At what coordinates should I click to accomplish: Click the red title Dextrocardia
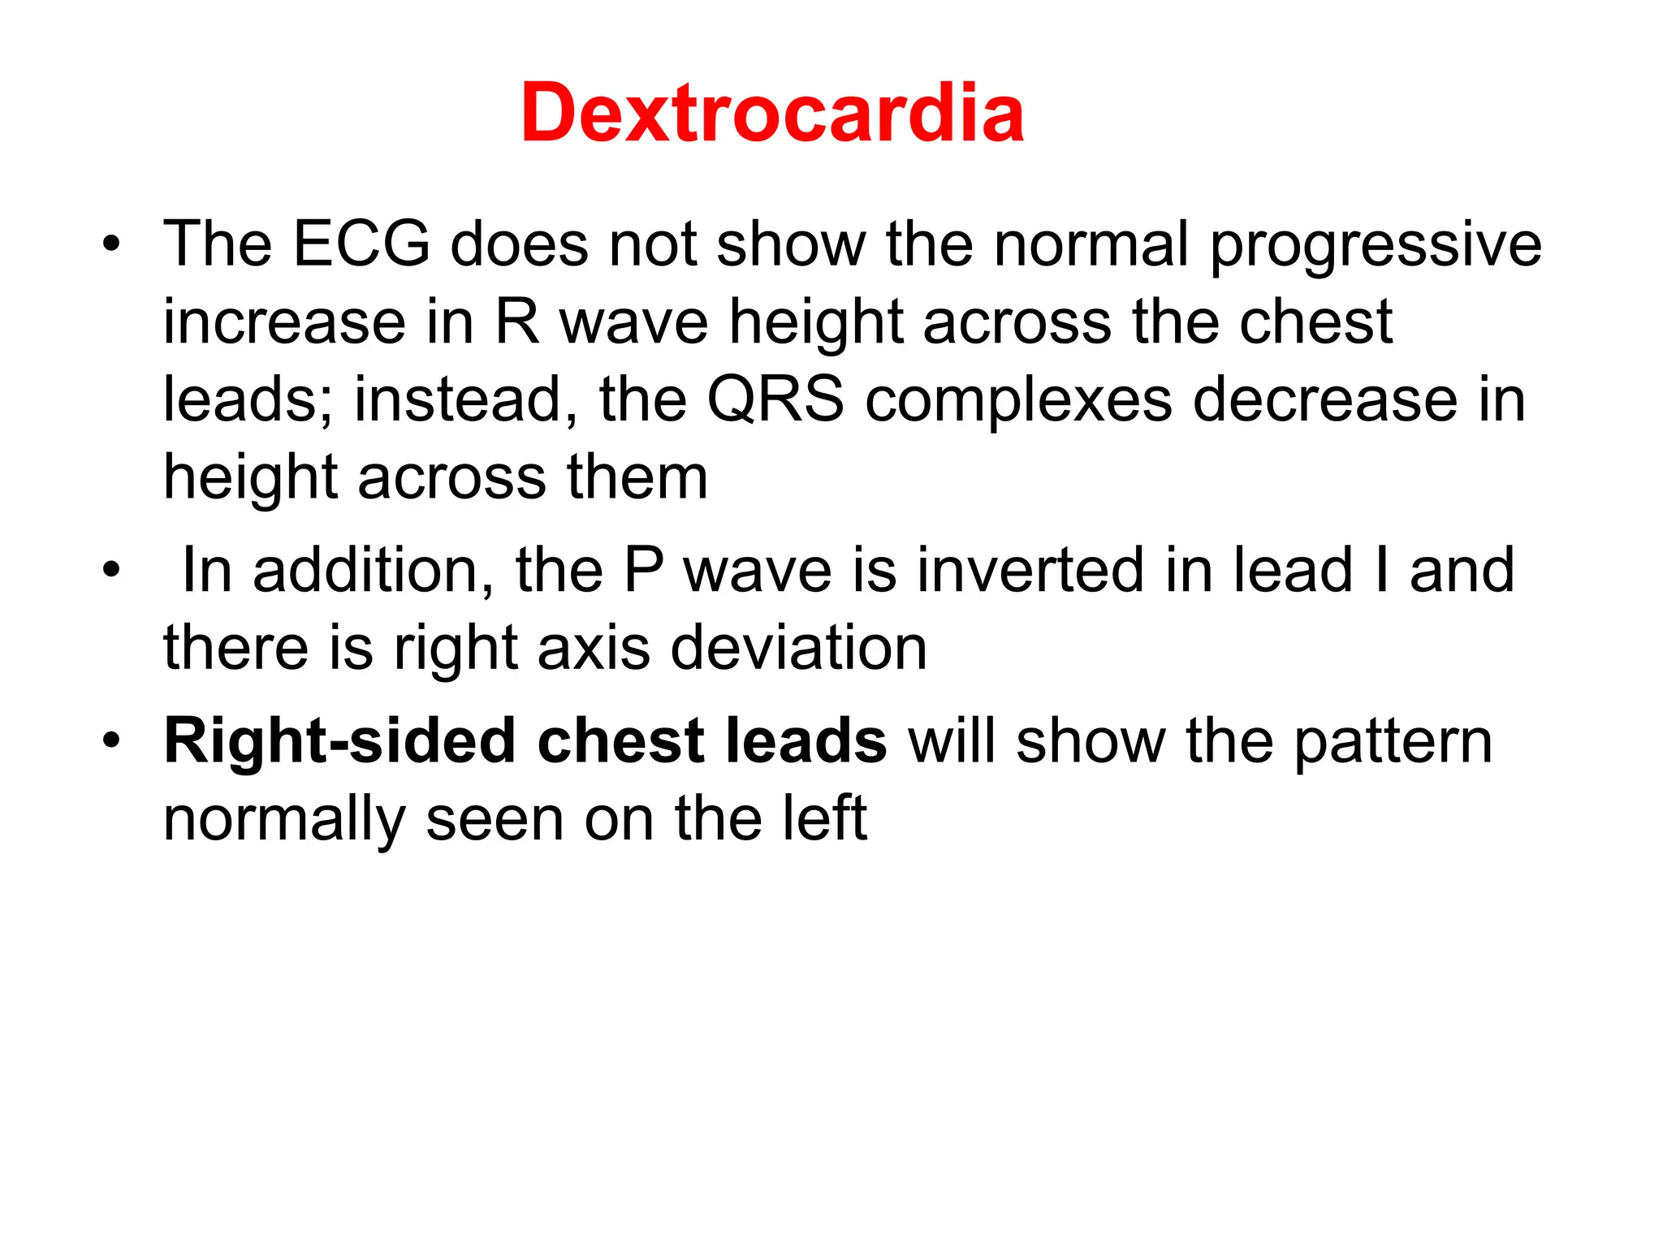click(x=772, y=113)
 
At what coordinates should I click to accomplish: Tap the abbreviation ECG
click(x=361, y=244)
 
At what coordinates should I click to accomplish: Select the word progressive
click(x=1376, y=247)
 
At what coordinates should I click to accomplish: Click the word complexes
click(x=1018, y=402)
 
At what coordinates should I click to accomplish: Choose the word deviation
click(x=799, y=649)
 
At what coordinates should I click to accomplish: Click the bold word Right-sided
click(x=339, y=741)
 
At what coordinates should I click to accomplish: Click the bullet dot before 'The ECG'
click(x=111, y=244)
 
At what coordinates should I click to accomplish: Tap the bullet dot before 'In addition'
click(x=111, y=570)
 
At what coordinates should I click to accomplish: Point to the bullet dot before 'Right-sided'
click(x=111, y=741)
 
